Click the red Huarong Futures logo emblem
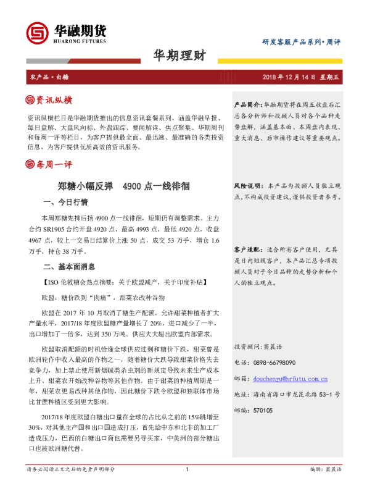(38, 32)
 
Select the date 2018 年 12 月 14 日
(289, 76)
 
